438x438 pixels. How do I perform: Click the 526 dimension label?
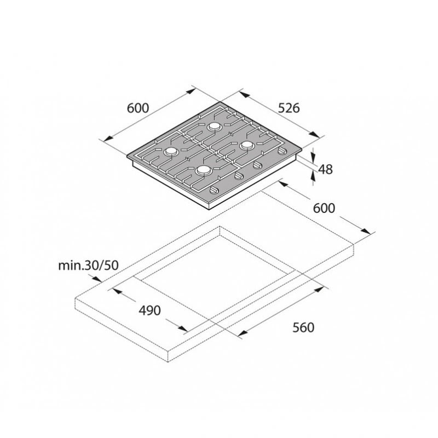(289, 108)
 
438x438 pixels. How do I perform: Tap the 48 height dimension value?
(325, 169)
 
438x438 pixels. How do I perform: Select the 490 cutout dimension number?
(149, 310)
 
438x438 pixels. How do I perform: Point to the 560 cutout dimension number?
(303, 327)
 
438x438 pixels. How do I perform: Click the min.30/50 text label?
(88, 266)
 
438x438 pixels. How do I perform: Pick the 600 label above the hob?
(138, 108)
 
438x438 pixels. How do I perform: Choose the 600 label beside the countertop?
(324, 208)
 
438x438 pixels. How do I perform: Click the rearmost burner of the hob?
(215, 126)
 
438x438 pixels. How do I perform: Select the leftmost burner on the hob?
(171, 152)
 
